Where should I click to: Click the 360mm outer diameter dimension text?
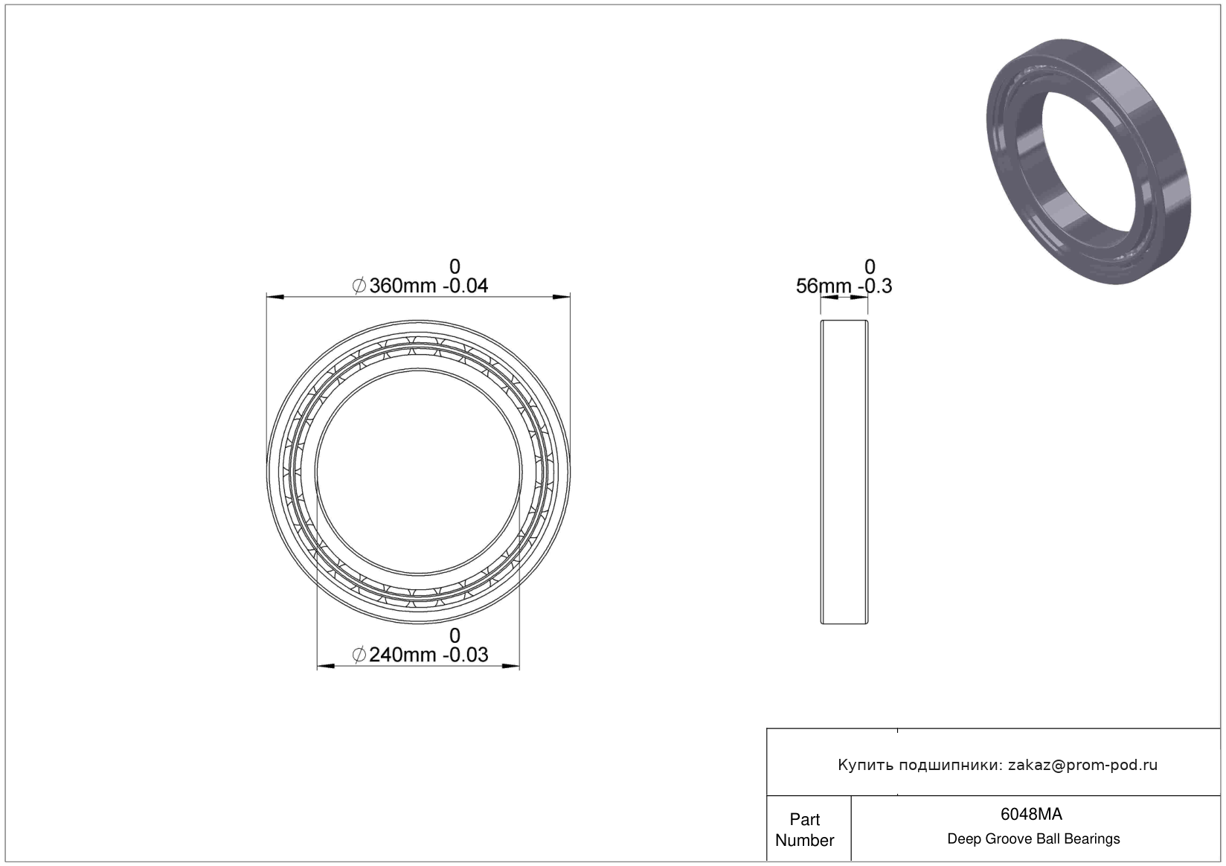coord(402,286)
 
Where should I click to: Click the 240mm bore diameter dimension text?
coord(402,655)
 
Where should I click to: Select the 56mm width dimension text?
coord(824,286)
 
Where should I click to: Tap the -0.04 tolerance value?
coord(465,286)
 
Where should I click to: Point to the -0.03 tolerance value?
coord(465,655)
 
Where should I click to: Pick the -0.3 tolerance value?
coord(875,286)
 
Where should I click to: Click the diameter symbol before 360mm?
coord(359,286)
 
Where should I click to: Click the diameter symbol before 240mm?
coord(359,655)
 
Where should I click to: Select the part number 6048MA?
coord(1031,814)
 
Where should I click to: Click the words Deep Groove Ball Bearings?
coord(1033,838)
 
